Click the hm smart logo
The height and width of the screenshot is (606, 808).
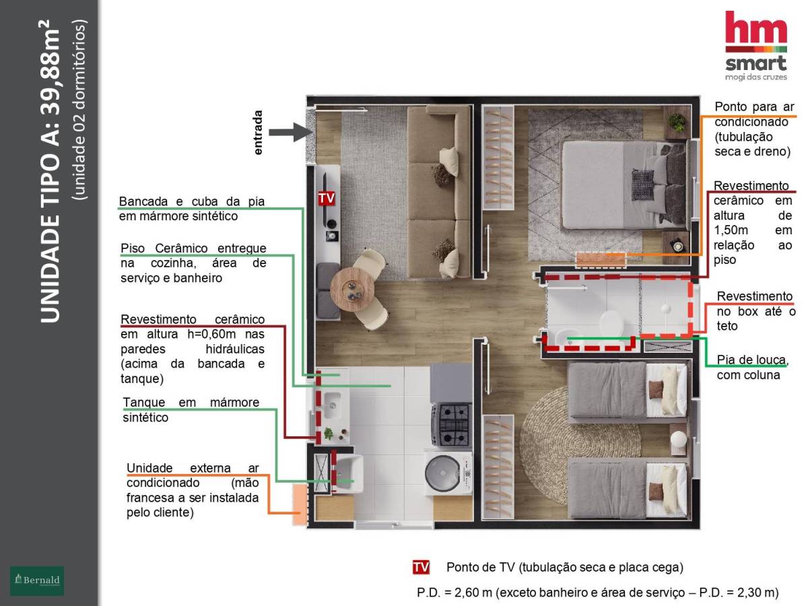(755, 46)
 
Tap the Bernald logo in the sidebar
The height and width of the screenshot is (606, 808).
(37, 580)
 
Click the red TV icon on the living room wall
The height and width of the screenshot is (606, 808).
(327, 198)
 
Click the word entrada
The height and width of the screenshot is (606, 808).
(258, 133)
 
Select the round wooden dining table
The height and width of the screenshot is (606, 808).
(352, 290)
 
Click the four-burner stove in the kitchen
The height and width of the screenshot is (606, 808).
(451, 425)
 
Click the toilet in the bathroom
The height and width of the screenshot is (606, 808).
(611, 323)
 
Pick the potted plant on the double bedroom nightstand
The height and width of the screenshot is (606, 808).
(677, 123)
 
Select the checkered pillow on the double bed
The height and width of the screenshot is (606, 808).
(642, 185)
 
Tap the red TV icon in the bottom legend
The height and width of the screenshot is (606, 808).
(421, 567)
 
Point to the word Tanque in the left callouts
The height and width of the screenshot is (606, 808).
(144, 402)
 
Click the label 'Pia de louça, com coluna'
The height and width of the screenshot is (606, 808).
(751, 367)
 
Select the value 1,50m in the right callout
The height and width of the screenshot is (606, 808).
(731, 230)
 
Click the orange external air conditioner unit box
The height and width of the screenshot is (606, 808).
(300, 504)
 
